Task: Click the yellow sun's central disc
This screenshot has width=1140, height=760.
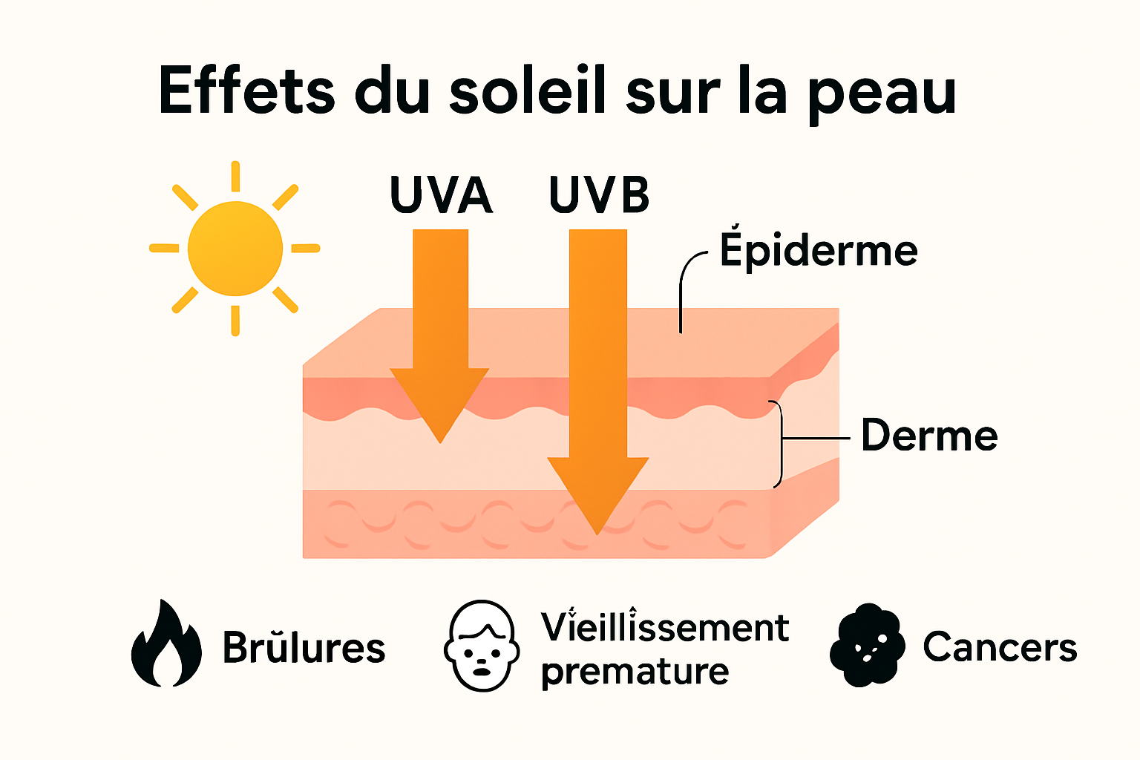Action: [235, 249]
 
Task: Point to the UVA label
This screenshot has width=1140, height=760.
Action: [441, 195]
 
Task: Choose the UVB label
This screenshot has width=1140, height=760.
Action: [599, 195]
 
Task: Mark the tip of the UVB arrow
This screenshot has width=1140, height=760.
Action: [597, 531]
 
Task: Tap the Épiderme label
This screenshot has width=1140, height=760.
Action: [819, 251]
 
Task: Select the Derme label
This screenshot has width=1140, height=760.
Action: [929, 436]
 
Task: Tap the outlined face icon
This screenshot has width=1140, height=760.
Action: [481, 646]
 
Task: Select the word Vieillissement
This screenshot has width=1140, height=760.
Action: [664, 627]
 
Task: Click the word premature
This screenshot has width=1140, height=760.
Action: [635, 672]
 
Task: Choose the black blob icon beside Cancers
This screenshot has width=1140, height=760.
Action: [867, 644]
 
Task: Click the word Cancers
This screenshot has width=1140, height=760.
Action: [1000, 647]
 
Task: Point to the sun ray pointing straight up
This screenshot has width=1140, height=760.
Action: [235, 177]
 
